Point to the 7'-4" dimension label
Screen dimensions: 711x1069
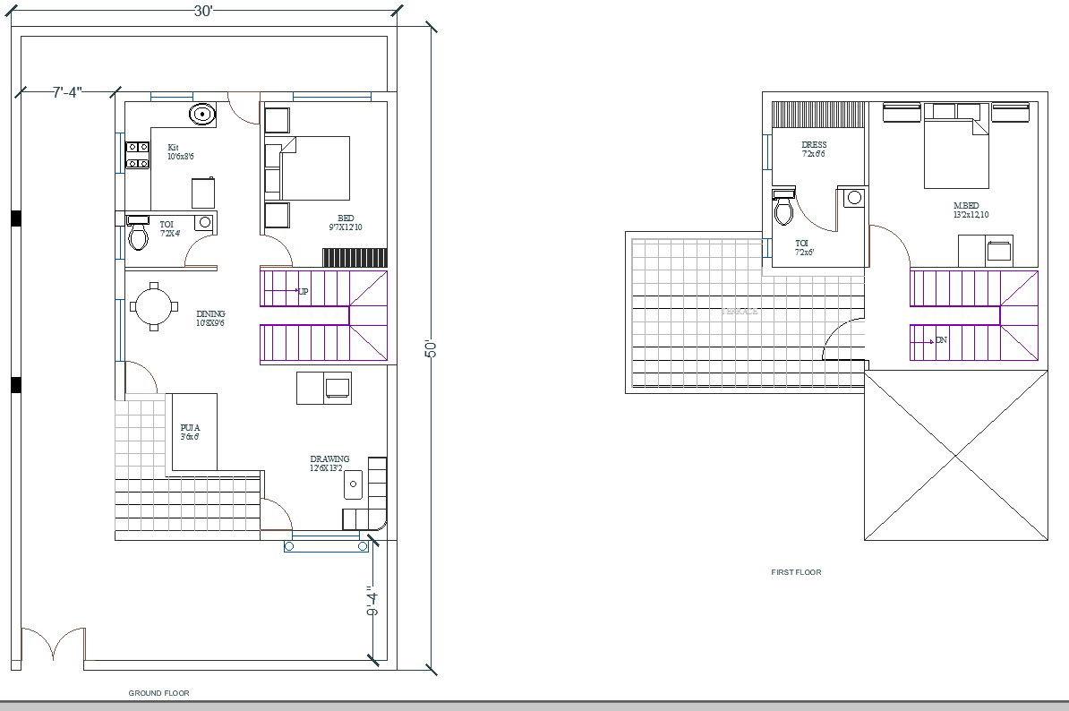point(67,92)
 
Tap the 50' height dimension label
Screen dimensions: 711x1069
point(431,348)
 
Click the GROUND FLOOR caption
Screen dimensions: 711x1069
point(158,693)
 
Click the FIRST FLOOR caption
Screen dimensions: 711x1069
point(796,572)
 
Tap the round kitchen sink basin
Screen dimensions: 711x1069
point(202,114)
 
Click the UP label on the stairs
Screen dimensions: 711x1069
point(303,291)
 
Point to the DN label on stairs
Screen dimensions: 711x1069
point(941,340)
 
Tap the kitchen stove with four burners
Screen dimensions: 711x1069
point(137,155)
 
